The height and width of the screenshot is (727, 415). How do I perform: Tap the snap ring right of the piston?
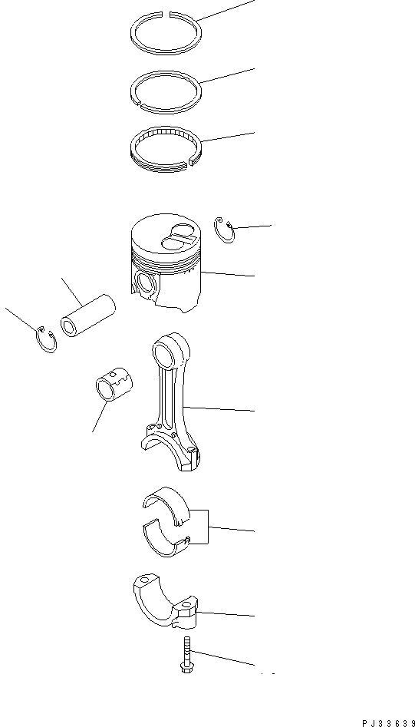(x=223, y=230)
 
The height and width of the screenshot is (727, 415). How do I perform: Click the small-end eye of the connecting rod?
(x=168, y=353)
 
